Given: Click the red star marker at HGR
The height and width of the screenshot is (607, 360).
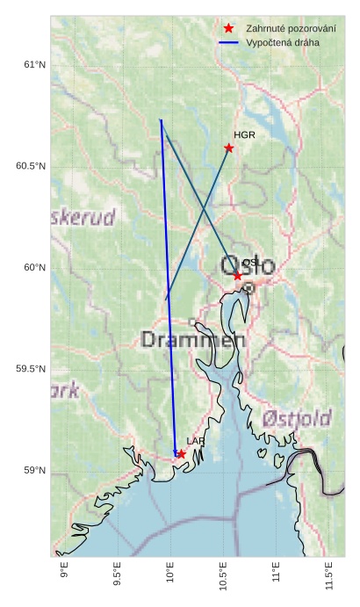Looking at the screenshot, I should click(229, 148).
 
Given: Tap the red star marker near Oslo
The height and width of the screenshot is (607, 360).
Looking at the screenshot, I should click(237, 276).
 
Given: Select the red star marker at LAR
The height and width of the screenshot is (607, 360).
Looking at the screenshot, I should click(181, 454).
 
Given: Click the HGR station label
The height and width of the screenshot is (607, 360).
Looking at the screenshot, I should click(244, 134).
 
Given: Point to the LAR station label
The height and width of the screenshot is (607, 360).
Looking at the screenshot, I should click(195, 441).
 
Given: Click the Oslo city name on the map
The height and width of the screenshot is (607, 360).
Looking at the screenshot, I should click(248, 265).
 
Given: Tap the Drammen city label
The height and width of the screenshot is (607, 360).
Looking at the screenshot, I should click(192, 339).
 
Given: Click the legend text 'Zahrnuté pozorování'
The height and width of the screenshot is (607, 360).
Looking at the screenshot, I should click(291, 28).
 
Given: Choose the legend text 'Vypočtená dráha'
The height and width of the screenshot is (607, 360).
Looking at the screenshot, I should click(283, 42).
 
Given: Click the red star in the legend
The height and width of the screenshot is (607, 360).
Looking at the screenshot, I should click(228, 28).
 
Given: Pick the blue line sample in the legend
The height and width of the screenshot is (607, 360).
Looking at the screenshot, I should click(228, 42).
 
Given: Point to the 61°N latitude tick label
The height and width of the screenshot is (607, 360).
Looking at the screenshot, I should click(34, 65).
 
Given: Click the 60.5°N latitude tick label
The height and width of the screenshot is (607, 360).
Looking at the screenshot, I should click(31, 167).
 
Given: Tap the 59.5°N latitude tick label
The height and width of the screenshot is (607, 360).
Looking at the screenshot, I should click(31, 369).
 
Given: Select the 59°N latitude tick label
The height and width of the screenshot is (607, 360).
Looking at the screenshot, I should click(34, 471).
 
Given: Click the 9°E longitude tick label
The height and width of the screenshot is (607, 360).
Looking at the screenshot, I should click(64, 576).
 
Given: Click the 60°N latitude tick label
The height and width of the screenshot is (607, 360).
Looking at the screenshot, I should click(34, 268).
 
